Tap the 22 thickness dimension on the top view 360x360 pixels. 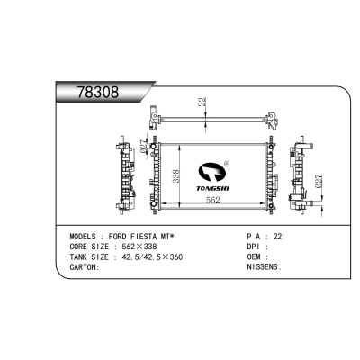[202, 105]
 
